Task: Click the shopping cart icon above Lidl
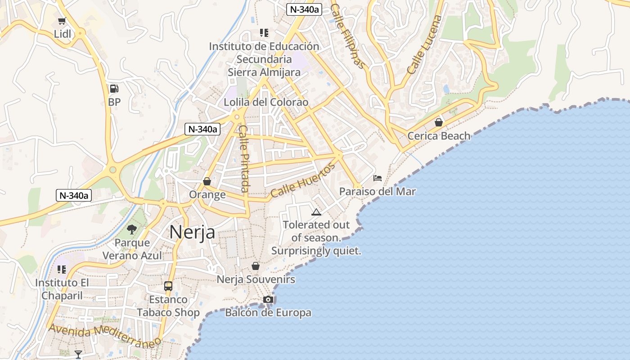tap(62, 21)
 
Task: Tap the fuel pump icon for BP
tap(114, 89)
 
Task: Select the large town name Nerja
tap(192, 232)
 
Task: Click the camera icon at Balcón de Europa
tap(268, 299)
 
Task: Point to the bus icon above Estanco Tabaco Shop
tap(168, 286)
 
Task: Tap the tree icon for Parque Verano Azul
tap(132, 229)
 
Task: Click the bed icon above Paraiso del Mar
tap(378, 178)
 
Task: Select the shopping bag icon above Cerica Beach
tap(439, 122)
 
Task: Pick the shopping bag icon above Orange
tap(207, 181)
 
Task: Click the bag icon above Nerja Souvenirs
tap(256, 266)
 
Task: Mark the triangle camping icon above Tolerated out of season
tap(316, 212)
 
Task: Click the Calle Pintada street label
tap(244, 158)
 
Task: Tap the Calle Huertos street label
tap(303, 180)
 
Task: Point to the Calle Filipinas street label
tap(347, 36)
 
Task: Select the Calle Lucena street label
tap(424, 45)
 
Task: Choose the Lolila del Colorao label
tap(266, 103)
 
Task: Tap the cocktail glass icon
tap(78, 354)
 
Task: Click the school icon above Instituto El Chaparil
tap(62, 270)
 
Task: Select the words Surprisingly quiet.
tap(316, 251)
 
